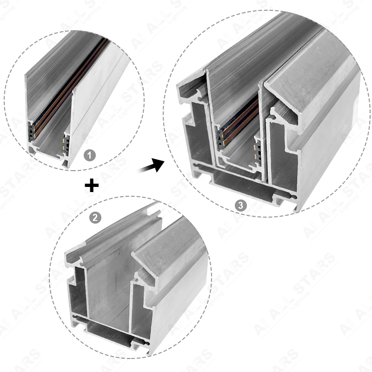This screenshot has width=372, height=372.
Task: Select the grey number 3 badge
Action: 239,205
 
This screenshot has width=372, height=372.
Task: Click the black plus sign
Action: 92,186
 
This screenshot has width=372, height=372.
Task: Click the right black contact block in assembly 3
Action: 256,149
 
